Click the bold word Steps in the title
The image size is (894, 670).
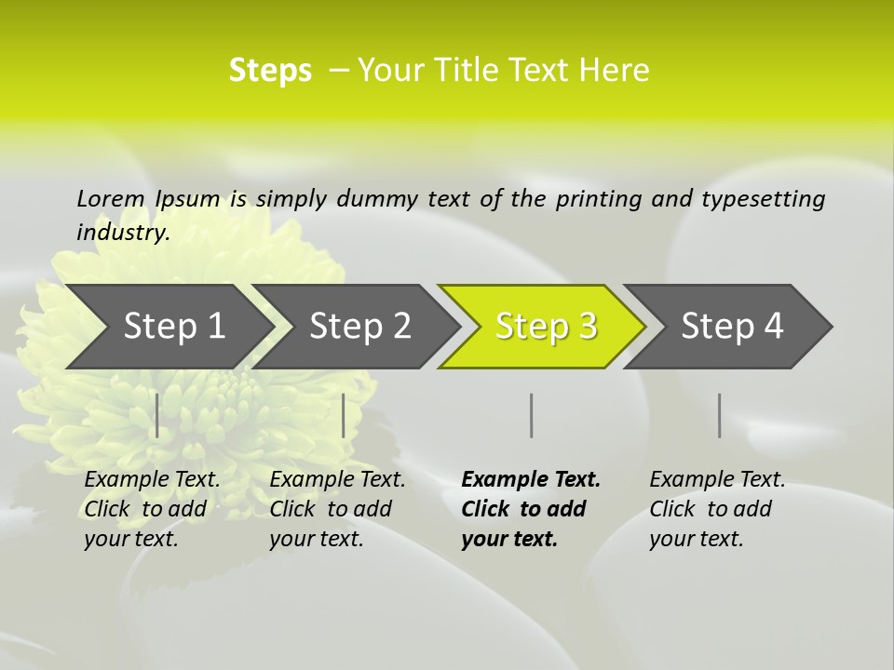[x=270, y=71]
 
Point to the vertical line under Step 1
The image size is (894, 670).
[x=157, y=415]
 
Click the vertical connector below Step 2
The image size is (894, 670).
[x=344, y=415]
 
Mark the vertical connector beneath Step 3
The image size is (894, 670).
[x=532, y=415]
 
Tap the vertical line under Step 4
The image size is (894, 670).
[x=720, y=415]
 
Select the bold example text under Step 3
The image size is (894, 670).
[x=530, y=509]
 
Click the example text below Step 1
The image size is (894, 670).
[x=152, y=509]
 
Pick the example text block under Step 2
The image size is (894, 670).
[x=337, y=509]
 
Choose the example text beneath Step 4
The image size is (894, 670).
[x=717, y=509]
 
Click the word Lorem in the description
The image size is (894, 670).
[x=111, y=199]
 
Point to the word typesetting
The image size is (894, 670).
[x=763, y=199]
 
